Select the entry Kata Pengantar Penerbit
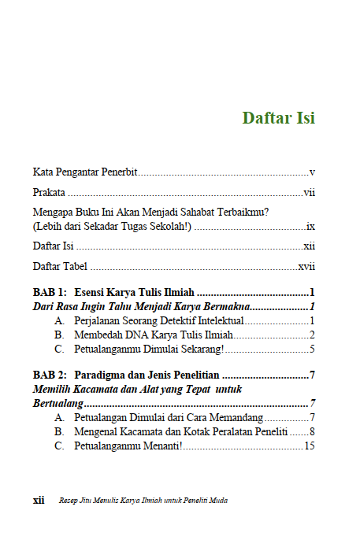point(85,172)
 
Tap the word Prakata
point(50,191)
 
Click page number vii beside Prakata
point(310,191)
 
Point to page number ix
point(311,225)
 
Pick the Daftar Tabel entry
point(60,266)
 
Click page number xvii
point(306,266)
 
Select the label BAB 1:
point(50,292)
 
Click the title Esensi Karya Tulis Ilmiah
point(134,292)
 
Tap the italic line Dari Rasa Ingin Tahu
point(142,306)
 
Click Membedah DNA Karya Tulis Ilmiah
point(154,335)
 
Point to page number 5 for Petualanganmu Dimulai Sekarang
point(313,349)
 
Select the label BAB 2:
point(50,375)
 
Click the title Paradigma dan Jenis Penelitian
point(147,375)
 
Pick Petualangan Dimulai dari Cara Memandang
point(168,417)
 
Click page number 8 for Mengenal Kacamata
point(313,431)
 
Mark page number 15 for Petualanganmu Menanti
point(310,446)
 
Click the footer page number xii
point(38,500)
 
